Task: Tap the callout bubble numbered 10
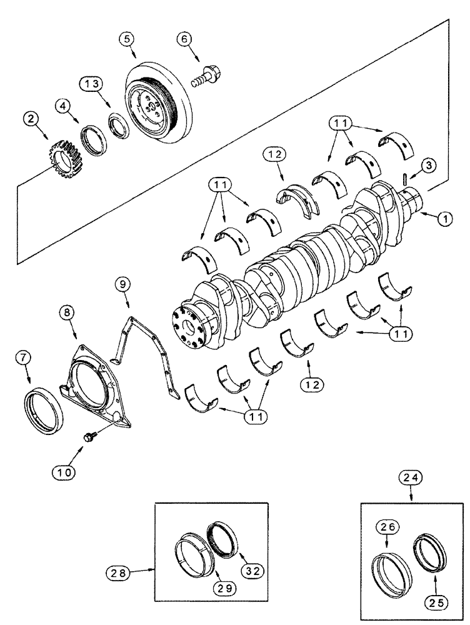[64, 471]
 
